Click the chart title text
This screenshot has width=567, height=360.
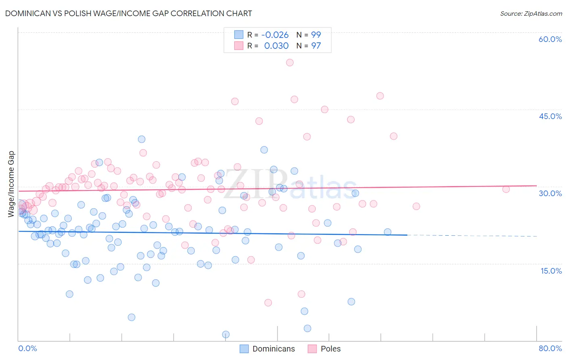[128, 13]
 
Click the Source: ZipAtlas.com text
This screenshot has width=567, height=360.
[531, 13]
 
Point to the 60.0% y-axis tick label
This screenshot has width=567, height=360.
[550, 39]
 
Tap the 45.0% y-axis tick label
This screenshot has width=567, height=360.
[550, 116]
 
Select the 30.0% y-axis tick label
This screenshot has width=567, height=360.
[550, 193]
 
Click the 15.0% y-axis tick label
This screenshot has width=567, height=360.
[551, 271]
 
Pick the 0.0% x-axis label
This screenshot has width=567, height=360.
[27, 348]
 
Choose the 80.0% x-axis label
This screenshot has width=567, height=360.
[550, 348]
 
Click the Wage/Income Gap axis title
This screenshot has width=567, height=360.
[11, 184]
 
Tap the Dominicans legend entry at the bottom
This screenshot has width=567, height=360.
[268, 349]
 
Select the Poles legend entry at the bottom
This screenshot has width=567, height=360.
[325, 349]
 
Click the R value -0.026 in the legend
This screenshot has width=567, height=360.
[275, 35]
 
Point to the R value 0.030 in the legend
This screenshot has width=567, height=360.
[276, 46]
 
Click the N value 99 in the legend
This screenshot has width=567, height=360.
[316, 35]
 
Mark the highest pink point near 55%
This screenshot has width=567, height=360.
[290, 63]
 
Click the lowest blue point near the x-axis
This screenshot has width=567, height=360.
[226, 335]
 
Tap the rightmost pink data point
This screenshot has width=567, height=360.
[506, 189]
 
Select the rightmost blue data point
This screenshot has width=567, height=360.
[388, 232]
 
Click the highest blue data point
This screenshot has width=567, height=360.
[142, 139]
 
